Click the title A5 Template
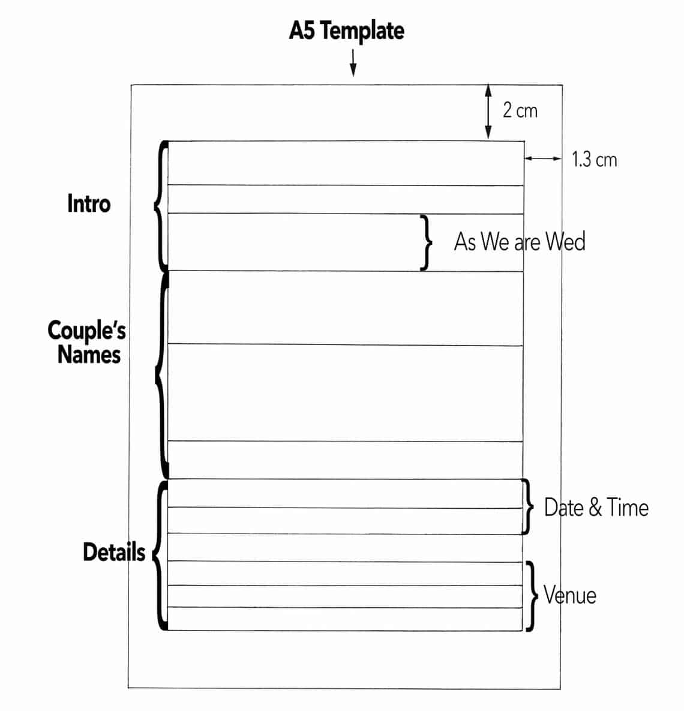coord(346,31)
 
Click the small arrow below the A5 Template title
coord(353,62)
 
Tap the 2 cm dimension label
coord(520,110)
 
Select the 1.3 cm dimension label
coord(594,160)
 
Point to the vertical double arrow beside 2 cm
coord(488,112)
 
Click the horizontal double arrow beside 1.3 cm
coord(543,158)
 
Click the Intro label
coord(89,204)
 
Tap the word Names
coord(89,355)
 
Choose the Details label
coord(114,552)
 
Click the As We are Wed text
coord(520,242)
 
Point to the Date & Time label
coord(596,508)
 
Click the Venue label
coord(570,595)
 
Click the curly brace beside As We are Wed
coord(426,242)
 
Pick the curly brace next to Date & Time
coord(527,507)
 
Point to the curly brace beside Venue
coord(531,596)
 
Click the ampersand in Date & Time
coord(595,508)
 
